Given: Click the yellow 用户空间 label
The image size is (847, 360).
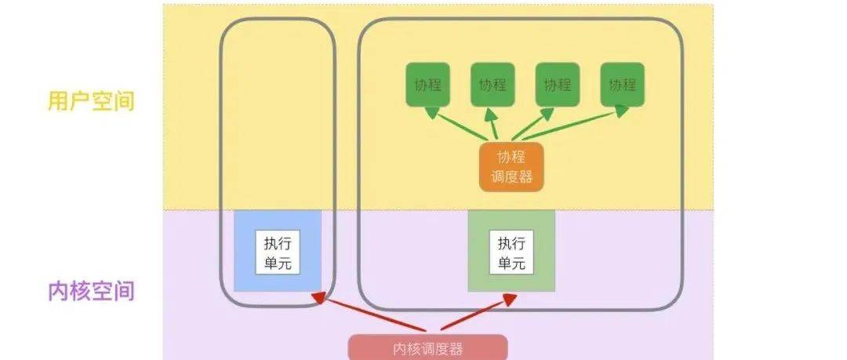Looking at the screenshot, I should click(x=92, y=101).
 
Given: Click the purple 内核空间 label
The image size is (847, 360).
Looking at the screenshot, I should click(x=92, y=291).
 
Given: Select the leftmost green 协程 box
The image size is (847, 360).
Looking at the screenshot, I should click(x=427, y=85).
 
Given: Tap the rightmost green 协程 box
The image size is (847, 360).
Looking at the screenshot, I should click(x=623, y=85).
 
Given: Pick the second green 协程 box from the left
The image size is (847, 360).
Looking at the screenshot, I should click(x=493, y=85).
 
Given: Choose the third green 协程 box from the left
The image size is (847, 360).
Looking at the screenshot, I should click(x=558, y=85).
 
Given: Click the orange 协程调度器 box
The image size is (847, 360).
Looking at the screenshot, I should click(x=511, y=166).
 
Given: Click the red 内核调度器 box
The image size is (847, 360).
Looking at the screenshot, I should click(x=427, y=347).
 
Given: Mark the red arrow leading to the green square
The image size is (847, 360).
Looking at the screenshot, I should click(x=474, y=314).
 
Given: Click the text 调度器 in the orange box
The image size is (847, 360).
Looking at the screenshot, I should click(x=511, y=177).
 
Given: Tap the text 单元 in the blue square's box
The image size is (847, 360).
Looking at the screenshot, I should click(x=278, y=263).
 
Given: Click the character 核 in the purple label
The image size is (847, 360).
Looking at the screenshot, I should click(x=82, y=291).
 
